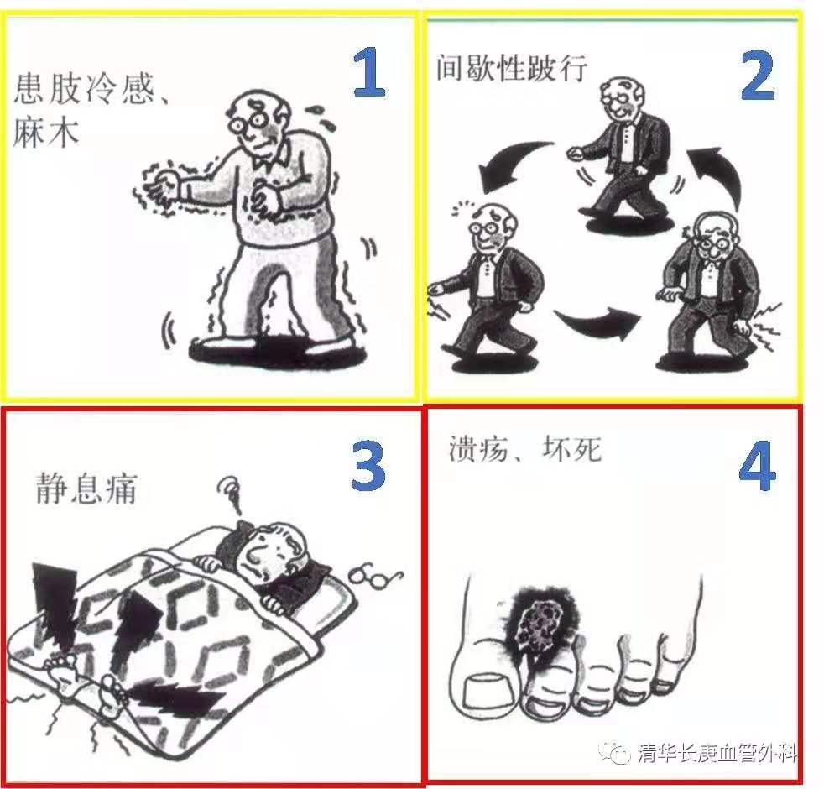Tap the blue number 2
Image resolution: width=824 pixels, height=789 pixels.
click(x=757, y=76)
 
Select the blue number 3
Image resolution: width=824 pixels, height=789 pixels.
click(x=368, y=463)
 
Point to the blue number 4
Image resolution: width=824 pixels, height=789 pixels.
click(x=757, y=466)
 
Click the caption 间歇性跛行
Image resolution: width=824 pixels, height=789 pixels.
click(x=511, y=68)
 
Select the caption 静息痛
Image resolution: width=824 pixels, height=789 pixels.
click(x=86, y=489)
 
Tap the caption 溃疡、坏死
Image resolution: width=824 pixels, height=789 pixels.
click(x=525, y=449)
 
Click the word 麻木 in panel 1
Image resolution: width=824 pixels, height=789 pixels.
click(x=45, y=131)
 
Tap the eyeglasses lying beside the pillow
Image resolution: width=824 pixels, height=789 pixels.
click(x=376, y=577)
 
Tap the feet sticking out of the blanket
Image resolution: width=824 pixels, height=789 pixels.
click(x=86, y=676)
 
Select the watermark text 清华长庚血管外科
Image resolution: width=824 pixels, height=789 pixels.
click(x=717, y=753)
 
